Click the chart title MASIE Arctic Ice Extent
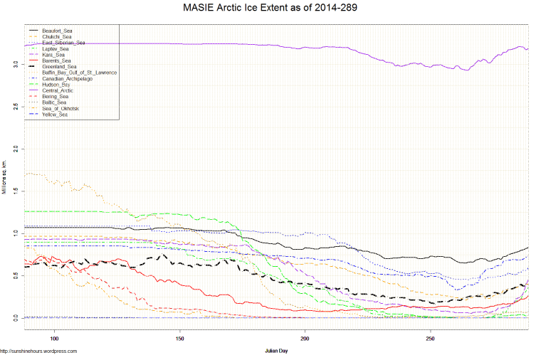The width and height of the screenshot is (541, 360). [270, 9]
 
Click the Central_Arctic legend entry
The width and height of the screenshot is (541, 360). [59, 91]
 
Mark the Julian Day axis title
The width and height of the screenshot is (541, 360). [275, 351]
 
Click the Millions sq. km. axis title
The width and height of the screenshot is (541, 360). [4, 178]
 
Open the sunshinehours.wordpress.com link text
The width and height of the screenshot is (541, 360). [38, 351]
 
